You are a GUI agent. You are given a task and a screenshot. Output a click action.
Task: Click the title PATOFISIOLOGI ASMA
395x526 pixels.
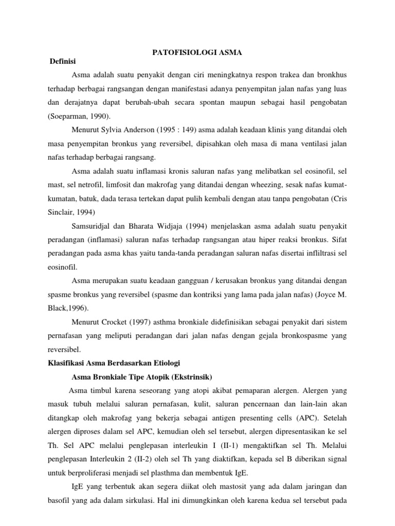[197, 52]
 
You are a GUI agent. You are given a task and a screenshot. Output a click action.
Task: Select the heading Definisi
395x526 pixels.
[62, 62]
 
